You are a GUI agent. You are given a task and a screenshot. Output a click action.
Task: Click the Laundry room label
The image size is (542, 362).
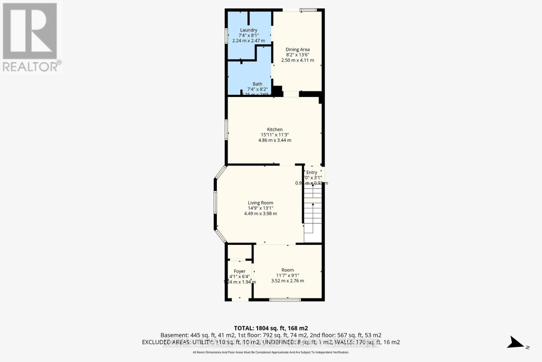click(249, 30)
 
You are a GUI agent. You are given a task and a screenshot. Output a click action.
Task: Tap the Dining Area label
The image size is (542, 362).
click(297, 50)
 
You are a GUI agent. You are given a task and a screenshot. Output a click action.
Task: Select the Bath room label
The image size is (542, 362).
click(257, 84)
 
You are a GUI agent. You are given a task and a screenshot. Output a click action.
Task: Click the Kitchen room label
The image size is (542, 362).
click(275, 129)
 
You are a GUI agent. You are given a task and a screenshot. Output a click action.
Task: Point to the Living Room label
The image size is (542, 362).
click(260, 203)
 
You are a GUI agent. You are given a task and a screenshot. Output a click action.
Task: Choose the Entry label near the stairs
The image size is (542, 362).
click(312, 172)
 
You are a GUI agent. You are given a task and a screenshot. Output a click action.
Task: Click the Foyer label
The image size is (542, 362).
click(239, 271)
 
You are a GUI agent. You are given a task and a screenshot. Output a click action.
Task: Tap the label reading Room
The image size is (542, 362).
click(287, 270)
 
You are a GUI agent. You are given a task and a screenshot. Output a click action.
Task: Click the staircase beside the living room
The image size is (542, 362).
click(313, 214)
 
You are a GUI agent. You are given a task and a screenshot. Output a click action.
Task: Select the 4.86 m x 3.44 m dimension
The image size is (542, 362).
click(275, 140)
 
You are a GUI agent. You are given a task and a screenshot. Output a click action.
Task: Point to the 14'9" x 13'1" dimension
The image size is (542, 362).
click(260, 208)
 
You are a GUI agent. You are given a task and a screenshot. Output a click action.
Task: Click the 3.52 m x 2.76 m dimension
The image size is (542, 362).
click(287, 281)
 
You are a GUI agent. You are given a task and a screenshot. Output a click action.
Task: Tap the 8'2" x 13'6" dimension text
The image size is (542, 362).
click(297, 55)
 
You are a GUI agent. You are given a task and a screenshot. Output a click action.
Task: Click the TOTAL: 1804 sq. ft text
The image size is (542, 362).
click(271, 328)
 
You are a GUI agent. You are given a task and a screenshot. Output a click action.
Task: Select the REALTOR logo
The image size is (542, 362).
click(31, 37)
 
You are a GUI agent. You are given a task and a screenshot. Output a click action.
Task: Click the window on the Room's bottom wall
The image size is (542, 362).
click(285, 300)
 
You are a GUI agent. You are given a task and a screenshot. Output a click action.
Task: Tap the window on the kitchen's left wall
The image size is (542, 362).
click(226, 130)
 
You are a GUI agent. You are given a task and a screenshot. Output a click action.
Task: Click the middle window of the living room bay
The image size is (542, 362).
click(215, 203)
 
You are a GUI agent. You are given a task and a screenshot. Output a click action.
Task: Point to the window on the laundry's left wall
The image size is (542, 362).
click(226, 36)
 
